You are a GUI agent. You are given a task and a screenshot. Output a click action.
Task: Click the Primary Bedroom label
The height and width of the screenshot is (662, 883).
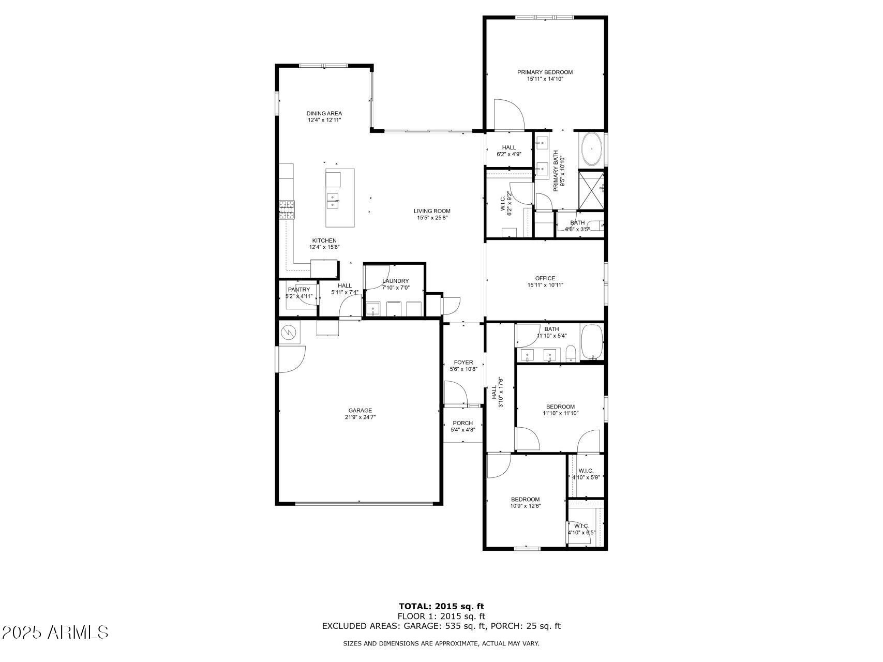tap(545, 72)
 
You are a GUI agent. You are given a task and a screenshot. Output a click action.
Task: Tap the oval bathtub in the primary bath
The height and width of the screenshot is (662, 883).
tap(591, 149)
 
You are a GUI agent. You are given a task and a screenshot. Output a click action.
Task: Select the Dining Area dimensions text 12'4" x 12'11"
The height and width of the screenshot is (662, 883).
tap(324, 120)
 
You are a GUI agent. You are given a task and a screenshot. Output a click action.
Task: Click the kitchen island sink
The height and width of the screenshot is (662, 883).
tap(332, 201)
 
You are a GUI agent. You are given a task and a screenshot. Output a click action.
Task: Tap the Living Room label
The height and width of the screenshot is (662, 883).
tap(432, 211)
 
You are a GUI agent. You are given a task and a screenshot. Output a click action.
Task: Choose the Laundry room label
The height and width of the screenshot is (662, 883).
tap(396, 281)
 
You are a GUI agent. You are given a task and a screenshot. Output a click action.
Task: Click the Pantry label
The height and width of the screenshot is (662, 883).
tap(299, 290)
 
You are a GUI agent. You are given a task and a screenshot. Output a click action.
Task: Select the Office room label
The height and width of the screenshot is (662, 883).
tap(545, 278)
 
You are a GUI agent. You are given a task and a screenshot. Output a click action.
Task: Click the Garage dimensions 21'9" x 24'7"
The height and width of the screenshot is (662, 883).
tap(360, 417)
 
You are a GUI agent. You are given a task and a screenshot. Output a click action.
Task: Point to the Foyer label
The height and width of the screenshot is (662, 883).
tap(463, 363)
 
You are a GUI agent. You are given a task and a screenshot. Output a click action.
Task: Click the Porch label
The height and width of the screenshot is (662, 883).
tap(463, 423)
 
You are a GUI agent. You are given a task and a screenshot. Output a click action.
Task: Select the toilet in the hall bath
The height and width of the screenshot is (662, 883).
tap(571, 354)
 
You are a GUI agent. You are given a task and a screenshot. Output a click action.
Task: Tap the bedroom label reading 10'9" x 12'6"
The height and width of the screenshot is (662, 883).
tap(525, 506)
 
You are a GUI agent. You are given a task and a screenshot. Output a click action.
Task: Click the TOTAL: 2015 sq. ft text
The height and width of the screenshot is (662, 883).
tap(441, 606)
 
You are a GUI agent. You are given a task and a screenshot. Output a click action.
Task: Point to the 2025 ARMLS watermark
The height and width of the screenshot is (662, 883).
tap(55, 633)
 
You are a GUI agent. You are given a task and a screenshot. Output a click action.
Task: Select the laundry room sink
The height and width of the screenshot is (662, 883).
tap(372, 309)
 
